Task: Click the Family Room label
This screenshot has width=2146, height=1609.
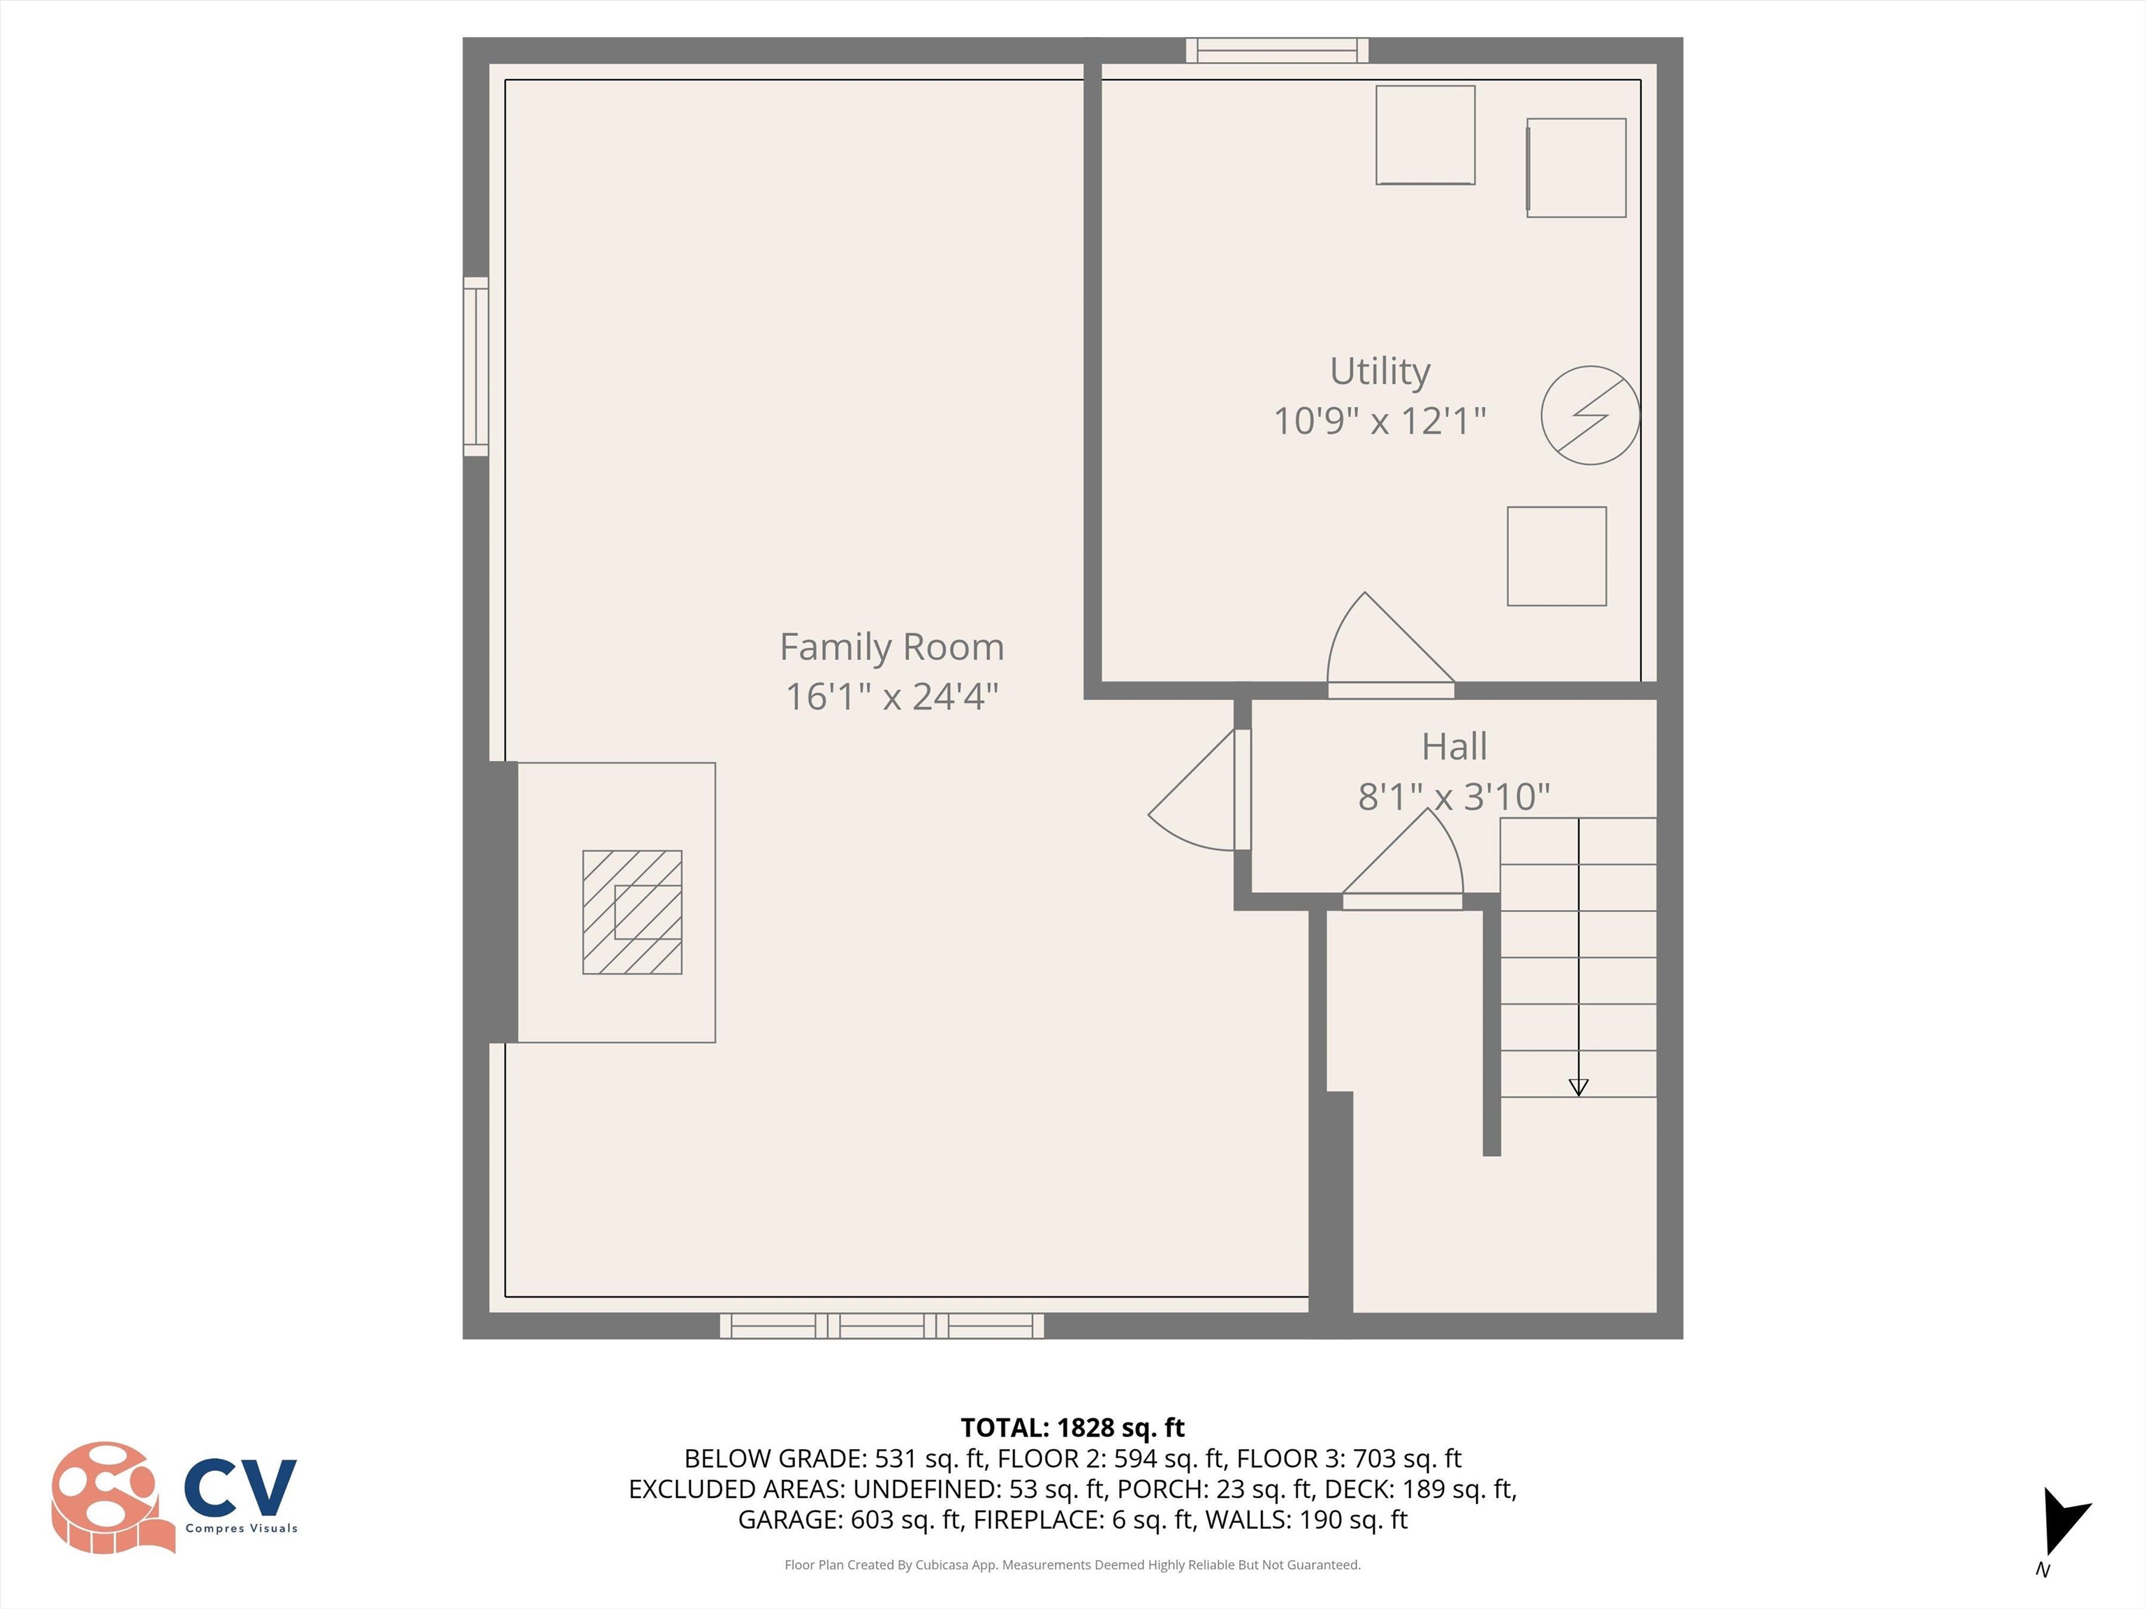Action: [891, 647]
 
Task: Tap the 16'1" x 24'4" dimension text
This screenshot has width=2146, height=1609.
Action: [891, 696]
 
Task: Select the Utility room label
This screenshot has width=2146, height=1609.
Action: [1380, 372]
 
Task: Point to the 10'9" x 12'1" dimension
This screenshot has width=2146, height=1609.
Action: [1380, 421]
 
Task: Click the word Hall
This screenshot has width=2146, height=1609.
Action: [1453, 747]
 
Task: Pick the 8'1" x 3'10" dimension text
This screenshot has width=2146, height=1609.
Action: [1453, 796]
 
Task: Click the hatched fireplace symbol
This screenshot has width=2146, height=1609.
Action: [632, 911]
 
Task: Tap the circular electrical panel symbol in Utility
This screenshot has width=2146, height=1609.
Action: [1590, 415]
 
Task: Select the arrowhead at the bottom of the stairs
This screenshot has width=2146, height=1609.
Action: [1579, 1087]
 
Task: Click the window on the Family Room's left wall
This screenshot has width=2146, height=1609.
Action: [476, 367]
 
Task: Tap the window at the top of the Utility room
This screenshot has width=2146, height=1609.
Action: [1277, 50]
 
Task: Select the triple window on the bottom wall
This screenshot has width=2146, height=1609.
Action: [881, 1325]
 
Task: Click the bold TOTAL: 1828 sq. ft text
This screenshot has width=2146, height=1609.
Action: [1072, 1427]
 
